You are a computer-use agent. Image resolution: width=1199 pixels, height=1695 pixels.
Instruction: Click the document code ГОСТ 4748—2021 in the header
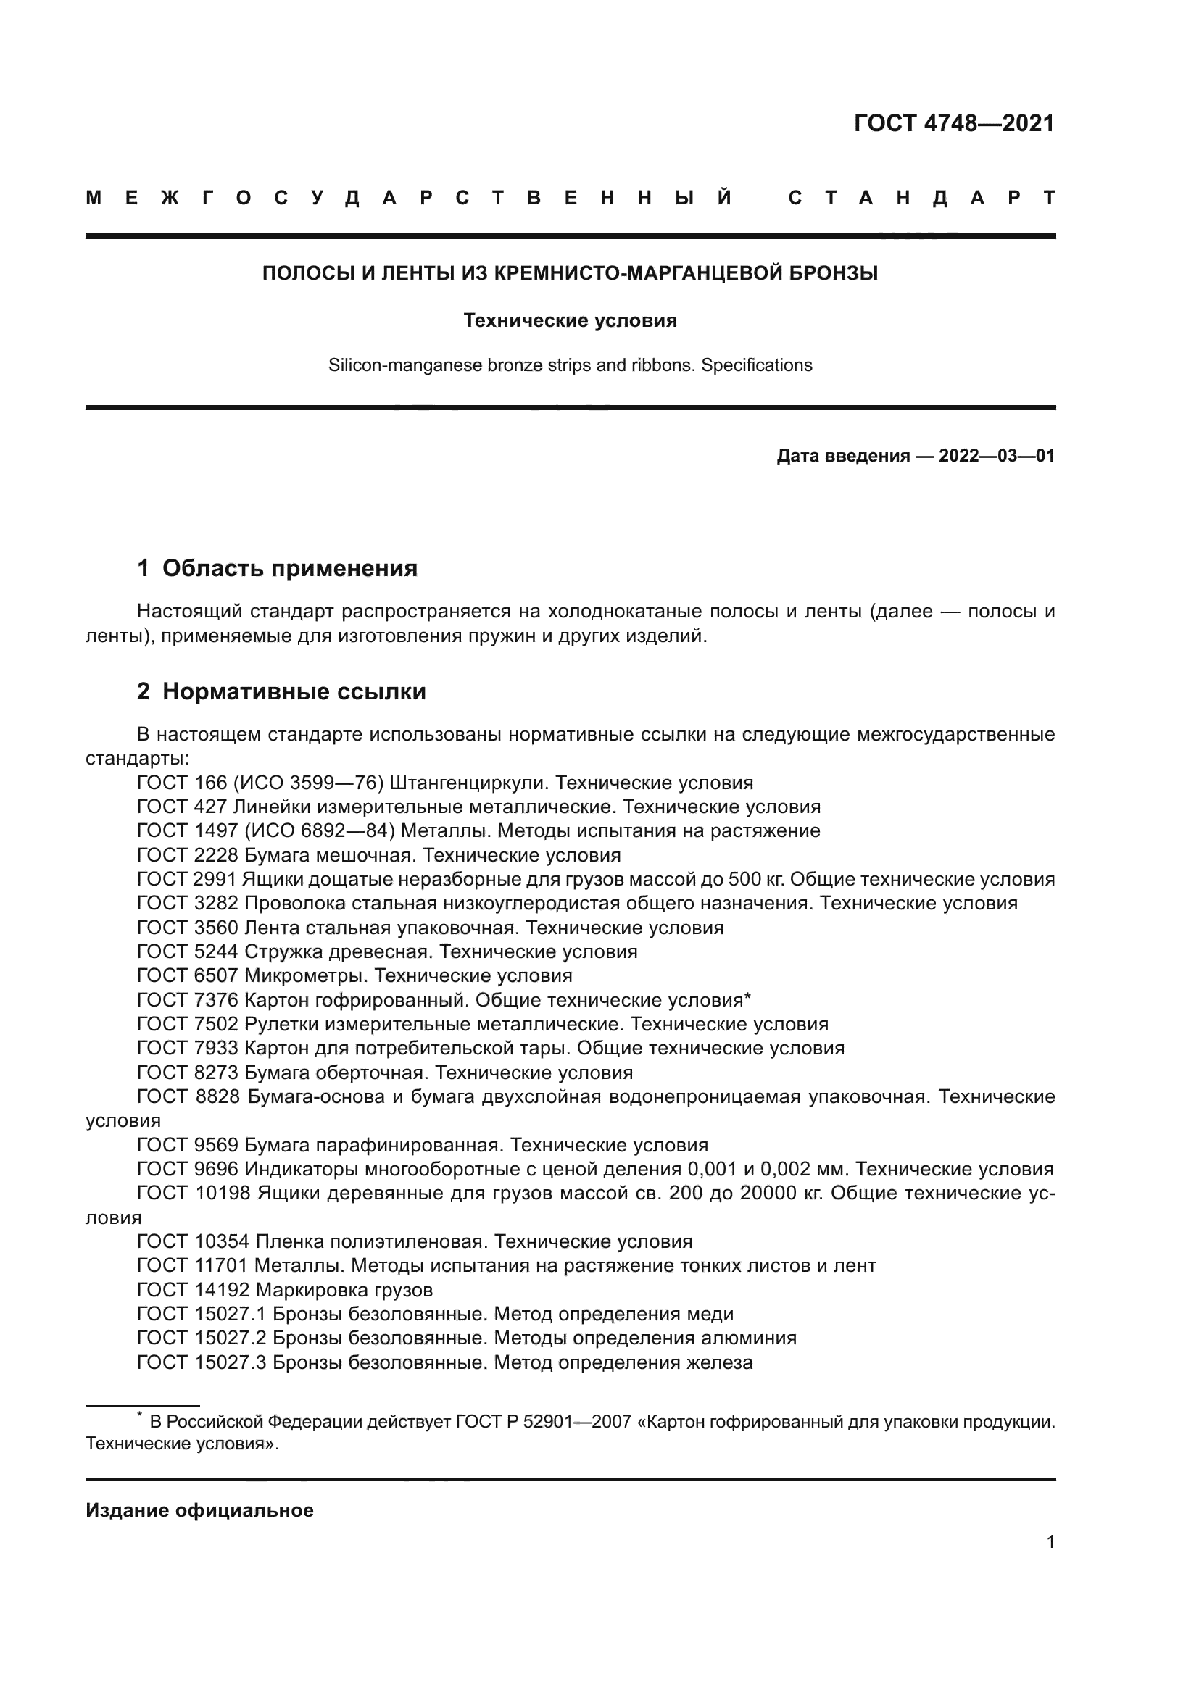(x=954, y=123)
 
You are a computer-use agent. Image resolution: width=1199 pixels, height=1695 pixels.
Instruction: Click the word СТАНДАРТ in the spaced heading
(x=921, y=198)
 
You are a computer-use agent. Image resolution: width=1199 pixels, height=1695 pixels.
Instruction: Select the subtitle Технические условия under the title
(x=570, y=320)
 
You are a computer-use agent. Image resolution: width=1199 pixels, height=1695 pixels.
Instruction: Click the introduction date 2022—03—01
(x=997, y=456)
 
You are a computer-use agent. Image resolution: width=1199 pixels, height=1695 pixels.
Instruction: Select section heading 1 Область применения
(x=278, y=567)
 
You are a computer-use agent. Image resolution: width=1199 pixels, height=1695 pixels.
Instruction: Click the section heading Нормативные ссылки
(x=294, y=692)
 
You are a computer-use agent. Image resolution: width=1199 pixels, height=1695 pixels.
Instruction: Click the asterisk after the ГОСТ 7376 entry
(x=747, y=998)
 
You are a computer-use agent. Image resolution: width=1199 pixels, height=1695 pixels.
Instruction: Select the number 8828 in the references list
(x=218, y=1097)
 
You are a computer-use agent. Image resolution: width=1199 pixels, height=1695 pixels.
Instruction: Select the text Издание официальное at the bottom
(x=199, y=1511)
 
